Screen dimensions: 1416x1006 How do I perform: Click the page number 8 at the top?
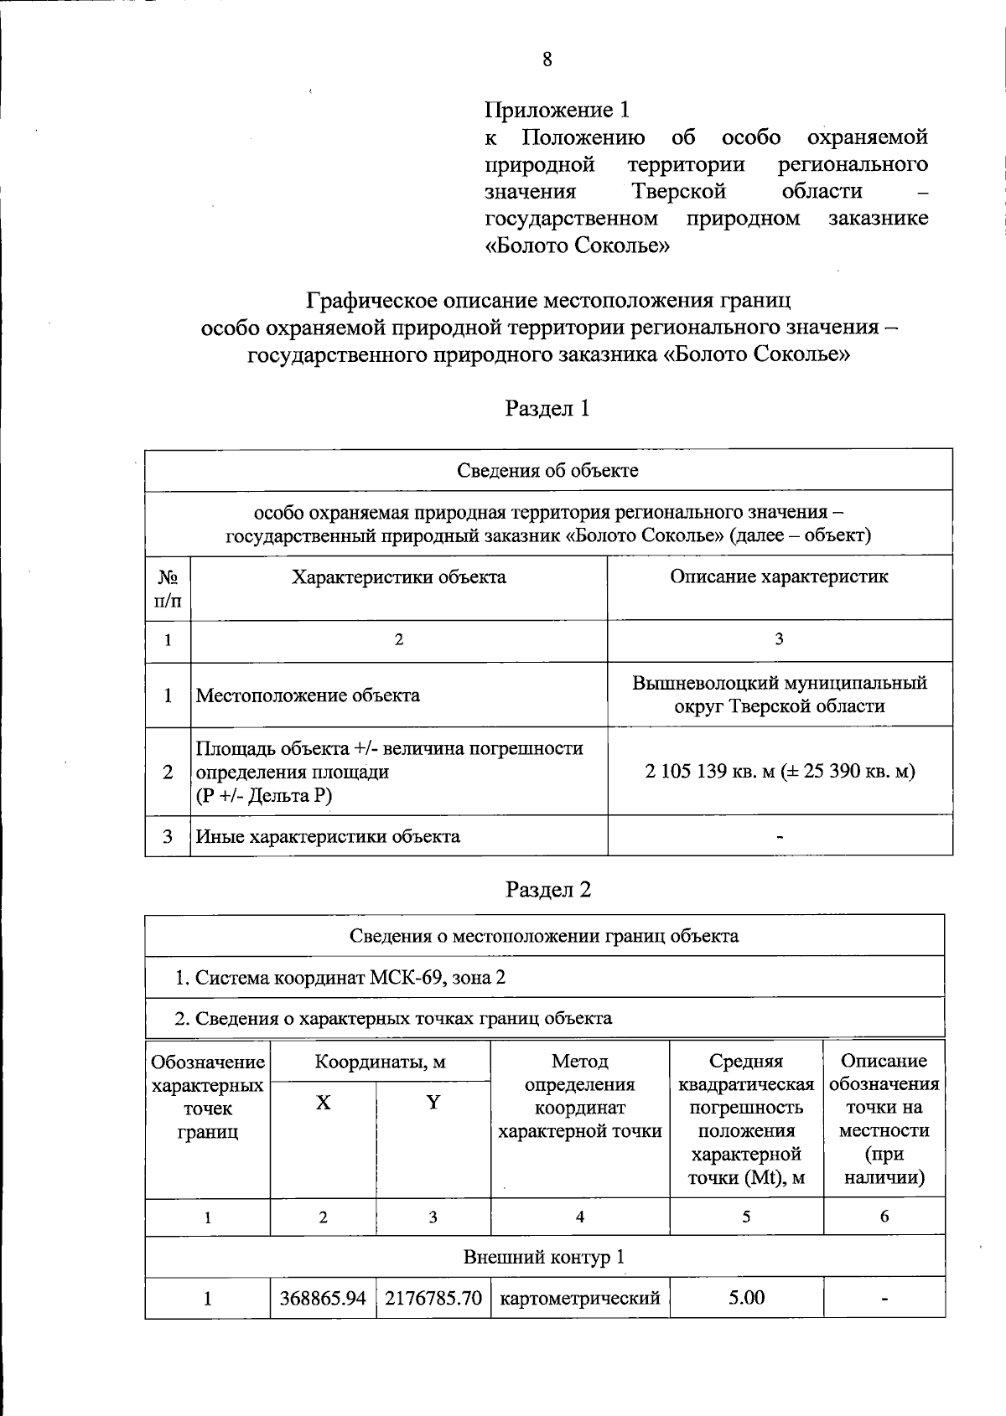click(547, 59)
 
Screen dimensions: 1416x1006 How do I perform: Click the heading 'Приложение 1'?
click(557, 110)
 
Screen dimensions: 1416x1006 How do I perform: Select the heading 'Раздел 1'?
click(547, 408)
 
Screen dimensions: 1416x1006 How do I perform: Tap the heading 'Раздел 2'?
click(548, 890)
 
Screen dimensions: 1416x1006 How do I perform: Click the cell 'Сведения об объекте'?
click(547, 470)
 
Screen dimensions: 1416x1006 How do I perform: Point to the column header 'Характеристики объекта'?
click(398, 577)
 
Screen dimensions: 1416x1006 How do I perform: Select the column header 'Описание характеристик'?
click(779, 576)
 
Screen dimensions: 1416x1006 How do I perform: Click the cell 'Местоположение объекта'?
click(308, 695)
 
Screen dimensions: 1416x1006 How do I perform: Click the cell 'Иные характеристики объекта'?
click(328, 836)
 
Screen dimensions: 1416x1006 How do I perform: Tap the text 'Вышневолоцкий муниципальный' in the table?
click(779, 682)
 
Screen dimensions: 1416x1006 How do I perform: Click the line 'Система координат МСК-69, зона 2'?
click(340, 978)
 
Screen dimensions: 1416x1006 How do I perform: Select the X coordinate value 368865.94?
click(323, 1298)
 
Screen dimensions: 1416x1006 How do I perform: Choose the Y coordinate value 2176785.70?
click(433, 1298)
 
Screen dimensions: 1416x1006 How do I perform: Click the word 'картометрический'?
click(580, 1298)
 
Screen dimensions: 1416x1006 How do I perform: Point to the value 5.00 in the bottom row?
click(746, 1298)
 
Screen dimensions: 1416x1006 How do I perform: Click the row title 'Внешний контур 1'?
click(544, 1257)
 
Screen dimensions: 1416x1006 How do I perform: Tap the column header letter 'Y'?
click(433, 1103)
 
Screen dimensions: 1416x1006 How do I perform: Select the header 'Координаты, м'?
click(380, 1062)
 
